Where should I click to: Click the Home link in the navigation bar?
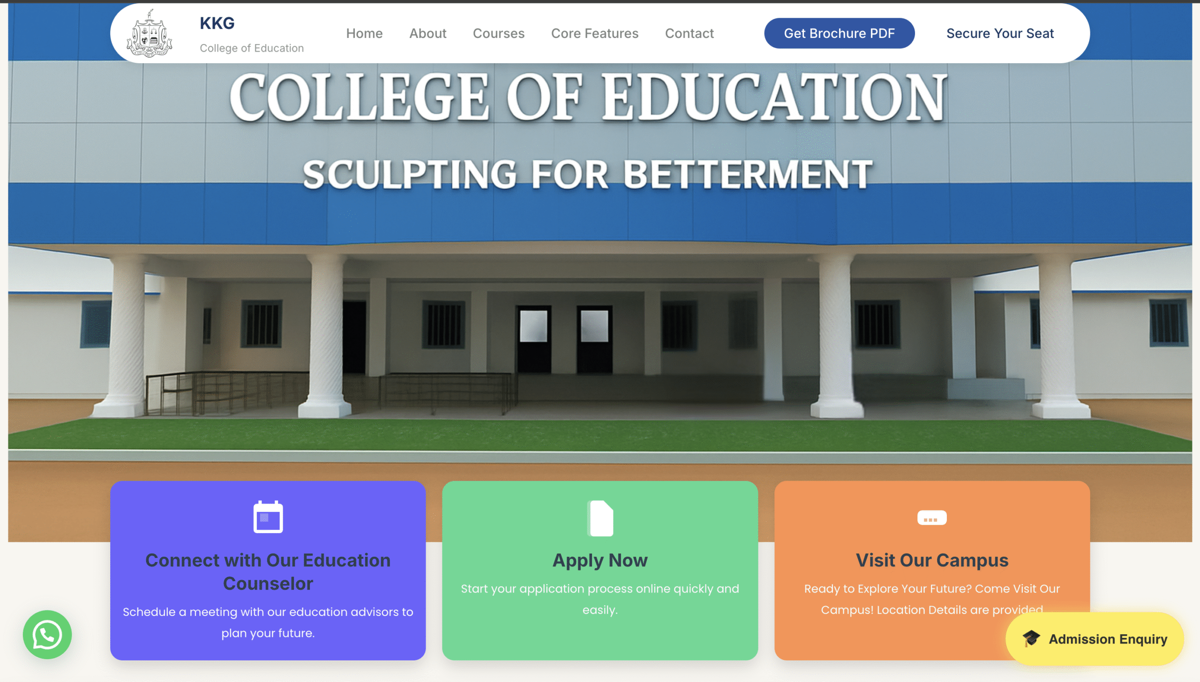tap(364, 33)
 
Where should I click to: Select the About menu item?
tap(427, 33)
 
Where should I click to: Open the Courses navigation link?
tap(498, 33)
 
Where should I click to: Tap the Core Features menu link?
tap(594, 33)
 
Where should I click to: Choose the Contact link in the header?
tap(689, 33)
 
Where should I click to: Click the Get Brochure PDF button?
tap(839, 33)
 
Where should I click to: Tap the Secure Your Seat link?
tap(1000, 33)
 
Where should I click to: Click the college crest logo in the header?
tap(150, 33)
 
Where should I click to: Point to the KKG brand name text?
tap(217, 23)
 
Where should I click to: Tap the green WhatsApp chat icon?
tap(47, 634)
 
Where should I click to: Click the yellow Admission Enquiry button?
tap(1095, 639)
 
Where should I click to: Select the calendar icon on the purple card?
tap(268, 517)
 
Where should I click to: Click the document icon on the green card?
tap(600, 518)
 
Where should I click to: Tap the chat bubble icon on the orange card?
tap(932, 518)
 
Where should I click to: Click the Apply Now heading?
tap(600, 560)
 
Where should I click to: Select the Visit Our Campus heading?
tap(932, 560)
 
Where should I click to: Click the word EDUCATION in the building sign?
tap(774, 97)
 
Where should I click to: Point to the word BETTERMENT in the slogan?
tap(748, 174)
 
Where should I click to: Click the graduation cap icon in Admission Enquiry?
tap(1031, 638)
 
